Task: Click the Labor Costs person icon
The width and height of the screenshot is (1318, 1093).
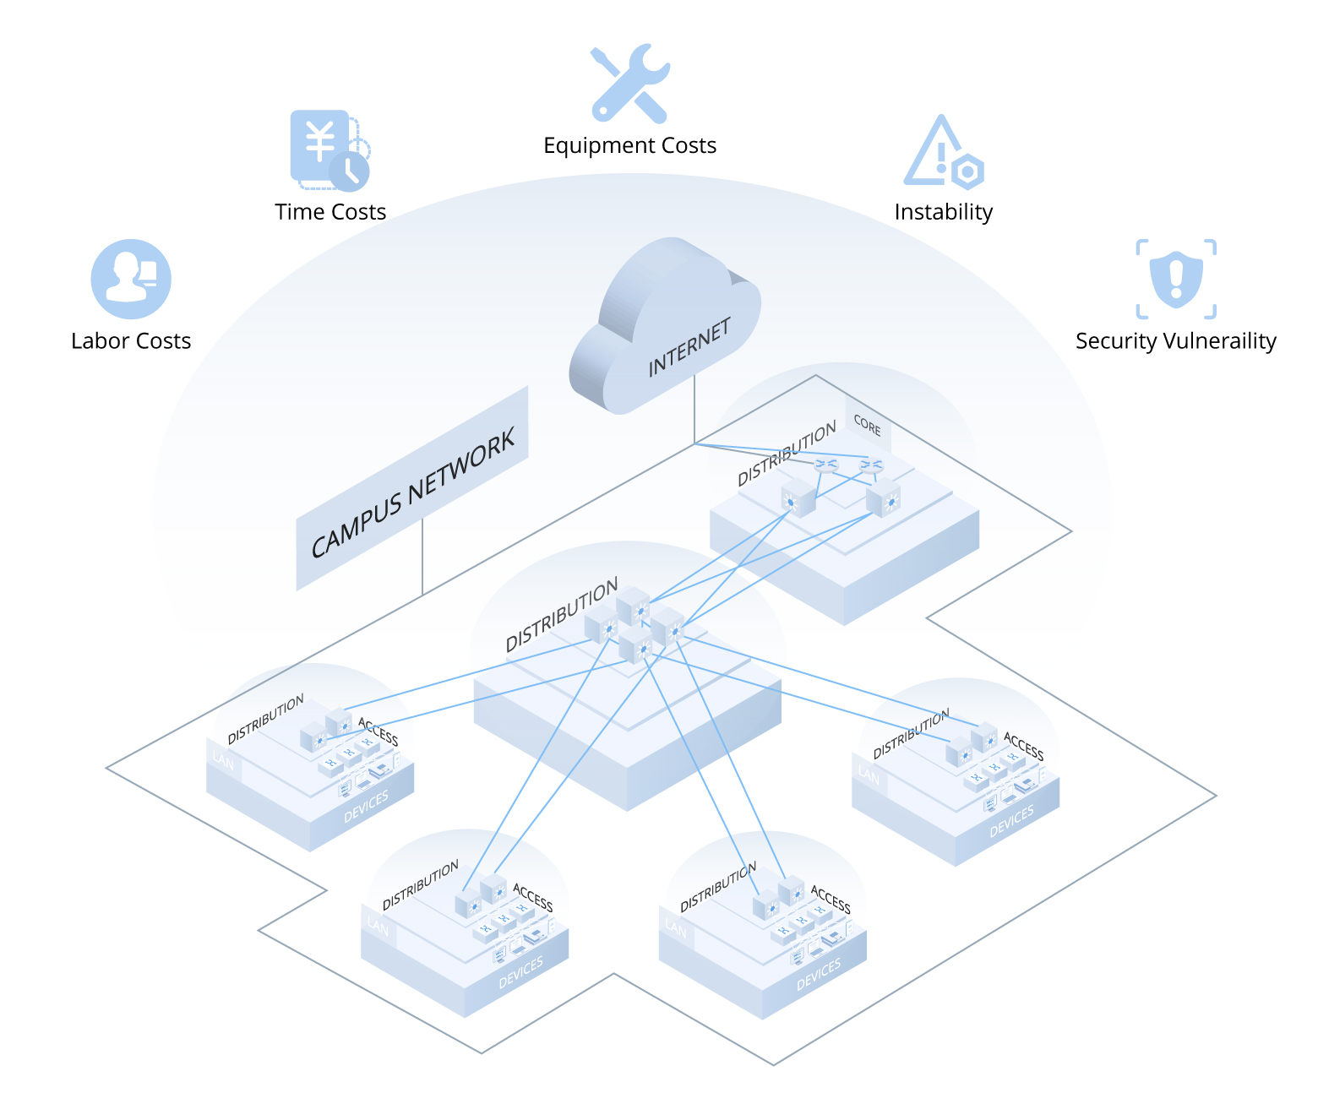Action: [131, 279]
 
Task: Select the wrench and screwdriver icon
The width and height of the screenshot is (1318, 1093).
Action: [630, 82]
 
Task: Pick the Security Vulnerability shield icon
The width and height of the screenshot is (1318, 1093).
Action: [1176, 278]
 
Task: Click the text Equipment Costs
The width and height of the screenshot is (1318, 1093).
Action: [629, 145]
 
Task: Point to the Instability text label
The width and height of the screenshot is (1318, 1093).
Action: [943, 212]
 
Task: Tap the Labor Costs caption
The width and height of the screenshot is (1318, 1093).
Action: [131, 340]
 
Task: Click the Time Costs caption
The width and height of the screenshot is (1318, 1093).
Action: [330, 212]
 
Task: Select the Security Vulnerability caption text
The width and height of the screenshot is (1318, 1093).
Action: [1175, 340]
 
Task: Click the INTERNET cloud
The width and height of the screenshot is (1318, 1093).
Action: [667, 329]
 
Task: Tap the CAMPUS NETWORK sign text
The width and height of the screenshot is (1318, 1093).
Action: [412, 493]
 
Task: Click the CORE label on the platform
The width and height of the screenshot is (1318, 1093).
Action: [867, 425]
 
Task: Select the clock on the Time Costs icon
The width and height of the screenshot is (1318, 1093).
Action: [349, 171]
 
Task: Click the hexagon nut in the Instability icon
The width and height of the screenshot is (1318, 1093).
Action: [967, 172]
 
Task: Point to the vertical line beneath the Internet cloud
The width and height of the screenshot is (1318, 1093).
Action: [694, 410]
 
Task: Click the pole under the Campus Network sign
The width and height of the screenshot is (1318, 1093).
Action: [422, 557]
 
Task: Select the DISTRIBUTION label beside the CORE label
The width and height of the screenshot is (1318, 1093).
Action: [787, 454]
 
